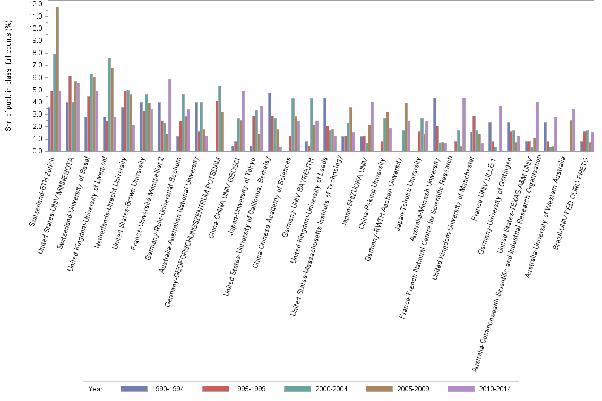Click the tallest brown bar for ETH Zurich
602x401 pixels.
[x=57, y=80]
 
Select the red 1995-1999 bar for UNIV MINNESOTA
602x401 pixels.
[x=70, y=114]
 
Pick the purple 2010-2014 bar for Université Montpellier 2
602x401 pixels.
[x=170, y=115]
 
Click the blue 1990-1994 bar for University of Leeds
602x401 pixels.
[x=325, y=125]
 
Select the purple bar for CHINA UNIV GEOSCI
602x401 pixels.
[x=243, y=121]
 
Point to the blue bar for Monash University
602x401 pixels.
[x=435, y=125]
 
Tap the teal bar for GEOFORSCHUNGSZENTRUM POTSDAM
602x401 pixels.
[x=220, y=119]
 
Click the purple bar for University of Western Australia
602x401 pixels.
[x=574, y=130]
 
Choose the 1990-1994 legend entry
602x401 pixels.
[x=152, y=389]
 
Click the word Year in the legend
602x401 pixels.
[x=96, y=389]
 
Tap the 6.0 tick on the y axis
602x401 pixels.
[x=37, y=77]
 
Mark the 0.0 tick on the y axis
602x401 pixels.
[x=37, y=151]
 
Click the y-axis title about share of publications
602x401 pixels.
[x=8, y=77]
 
